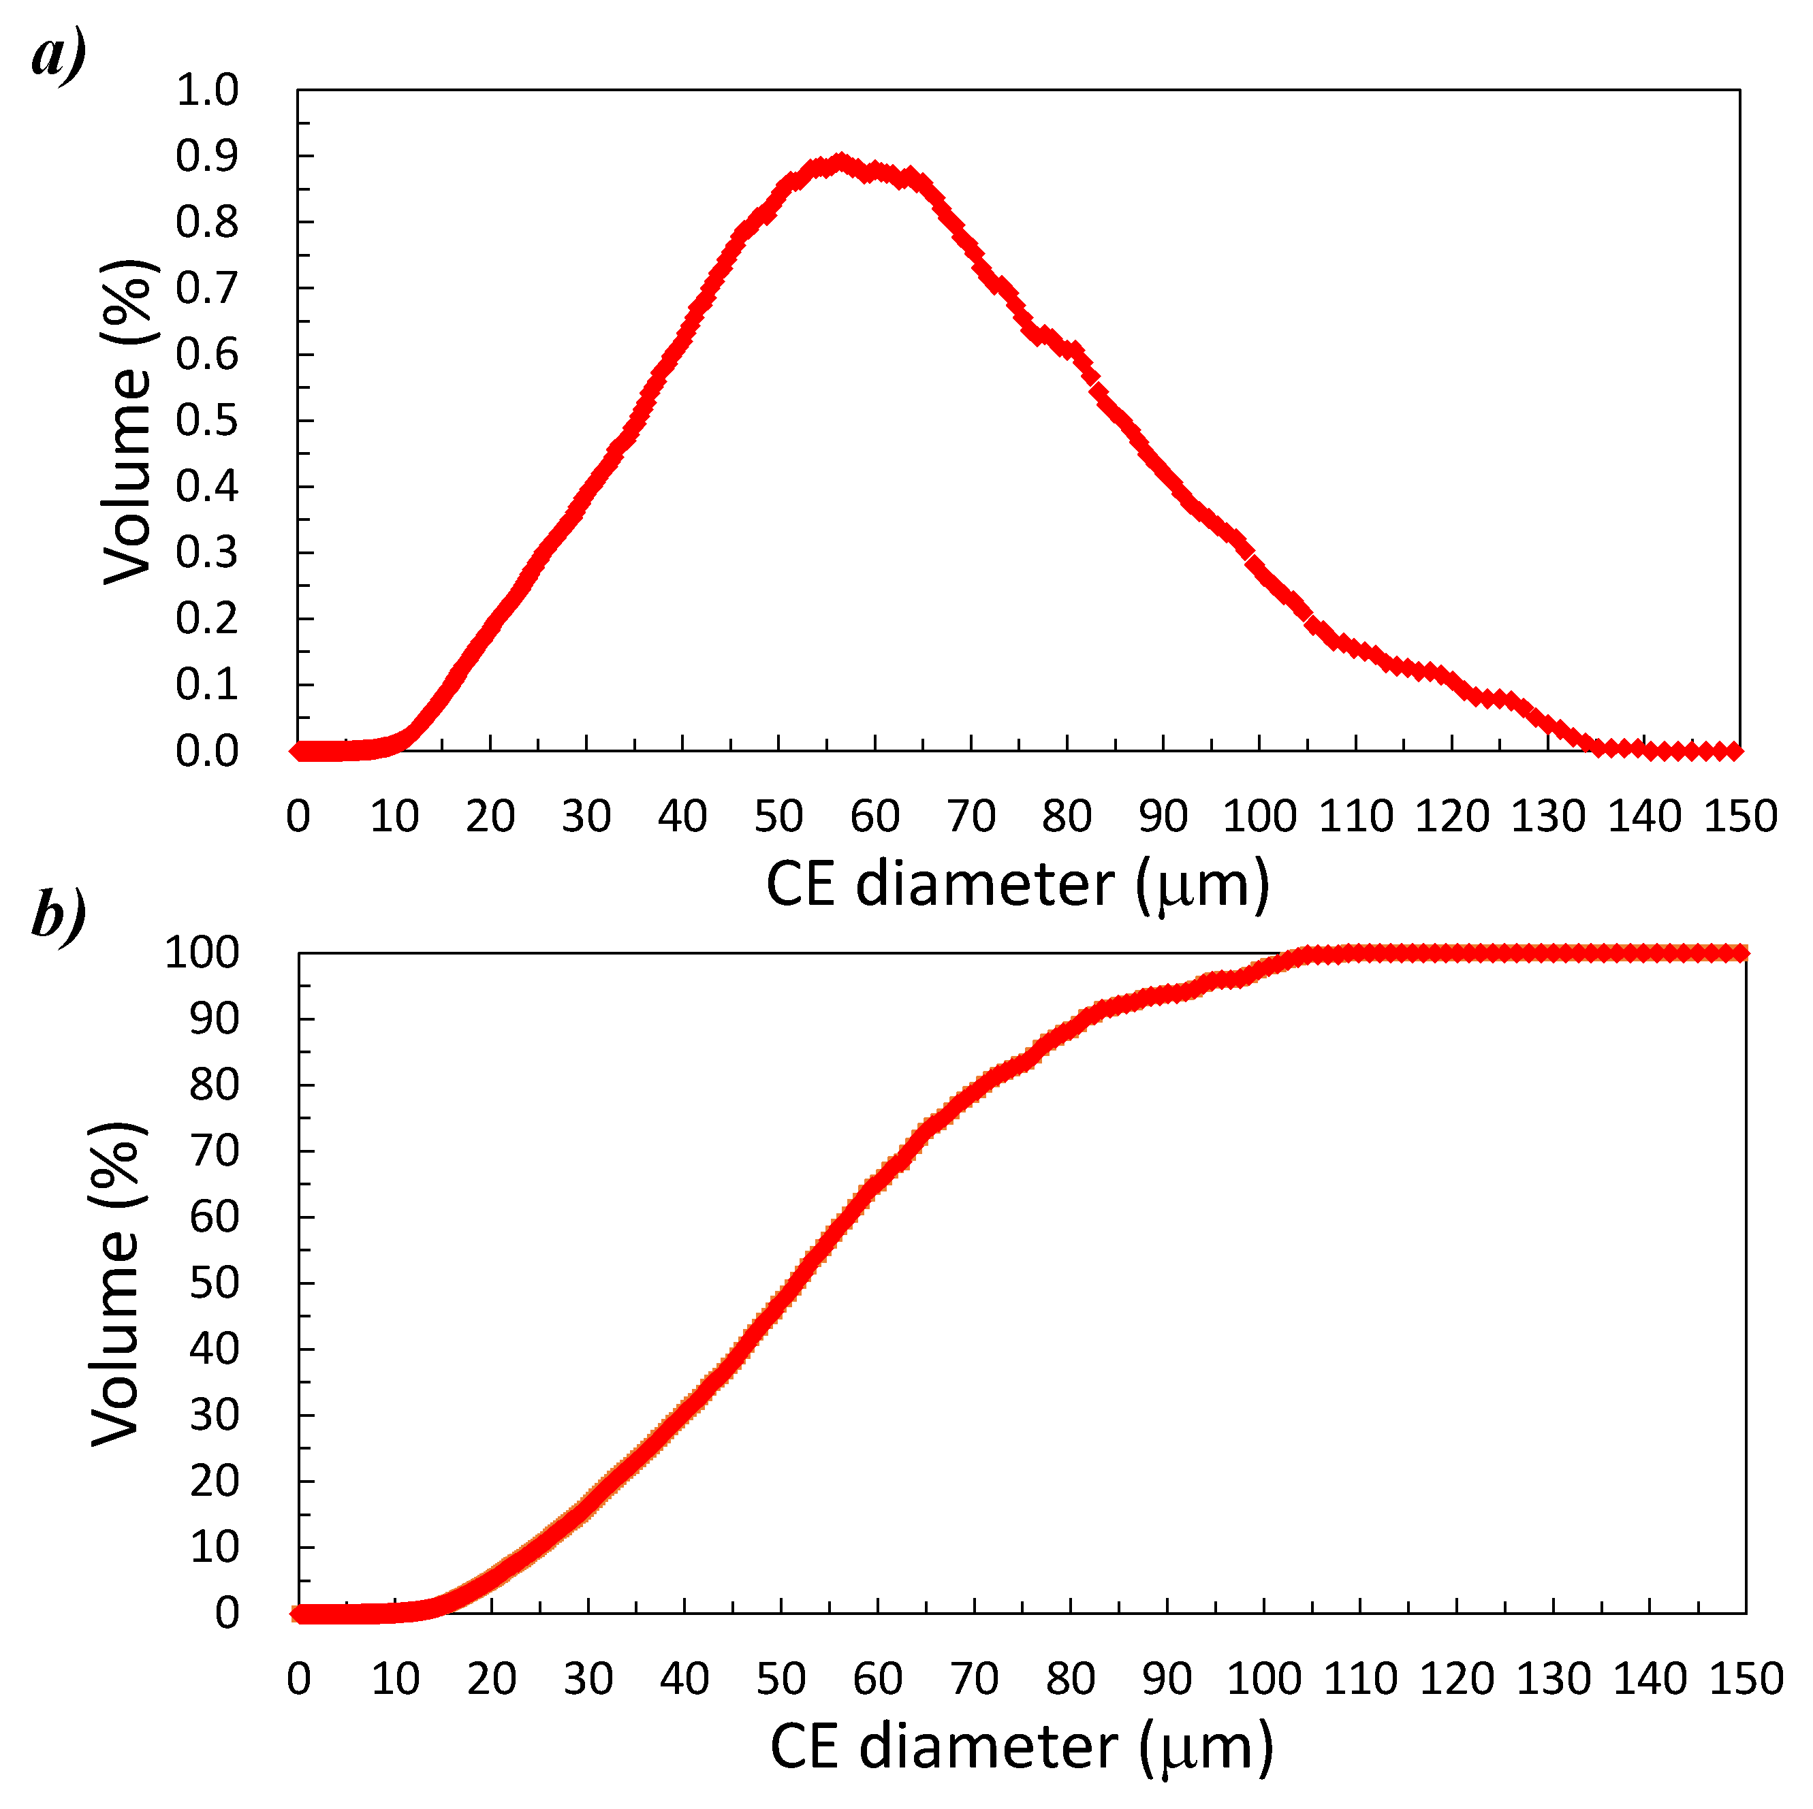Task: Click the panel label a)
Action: [x=58, y=54]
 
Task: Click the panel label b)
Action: [x=58, y=915]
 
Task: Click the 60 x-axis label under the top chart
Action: [x=874, y=816]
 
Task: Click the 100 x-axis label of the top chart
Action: [x=1259, y=816]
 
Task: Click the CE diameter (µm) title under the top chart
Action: [x=1018, y=884]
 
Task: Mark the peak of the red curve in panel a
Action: [x=841, y=161]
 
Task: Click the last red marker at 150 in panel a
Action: [x=1735, y=750]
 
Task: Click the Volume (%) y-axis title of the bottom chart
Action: [x=116, y=1283]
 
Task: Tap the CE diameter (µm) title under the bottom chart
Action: [x=1021, y=1747]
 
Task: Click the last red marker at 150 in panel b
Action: [x=1741, y=953]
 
